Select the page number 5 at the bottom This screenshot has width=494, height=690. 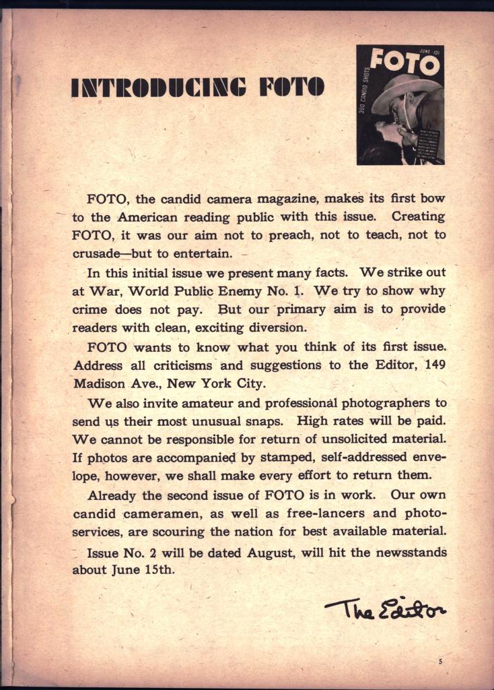click(x=440, y=662)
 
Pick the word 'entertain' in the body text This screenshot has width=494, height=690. click(x=206, y=254)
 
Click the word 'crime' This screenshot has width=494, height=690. click(x=88, y=310)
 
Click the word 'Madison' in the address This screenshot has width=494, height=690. click(x=99, y=383)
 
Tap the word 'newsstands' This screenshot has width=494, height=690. click(x=405, y=553)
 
